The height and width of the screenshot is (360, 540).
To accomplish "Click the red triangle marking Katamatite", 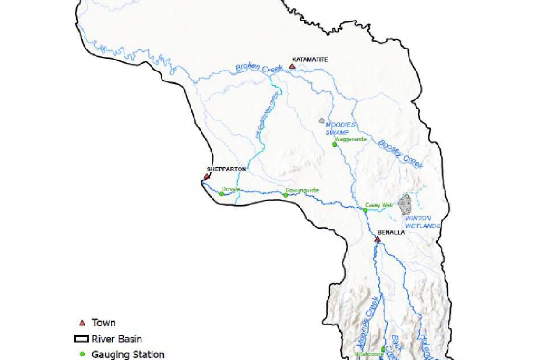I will point(292,67).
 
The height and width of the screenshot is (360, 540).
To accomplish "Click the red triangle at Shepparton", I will point(206,176).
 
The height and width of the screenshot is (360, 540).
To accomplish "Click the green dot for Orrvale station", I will point(222,194).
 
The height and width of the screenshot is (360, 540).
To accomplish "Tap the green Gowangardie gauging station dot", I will point(286,195).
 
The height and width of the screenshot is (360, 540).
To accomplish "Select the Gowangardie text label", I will point(302,191).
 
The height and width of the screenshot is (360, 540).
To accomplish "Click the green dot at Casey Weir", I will point(365,210).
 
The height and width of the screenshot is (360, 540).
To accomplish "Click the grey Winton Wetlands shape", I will point(406,205).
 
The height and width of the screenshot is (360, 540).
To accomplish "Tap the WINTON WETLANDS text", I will point(417,222).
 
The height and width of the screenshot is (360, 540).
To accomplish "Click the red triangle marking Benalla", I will point(378,240).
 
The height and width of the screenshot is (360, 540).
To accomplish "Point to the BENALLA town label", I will point(391,233).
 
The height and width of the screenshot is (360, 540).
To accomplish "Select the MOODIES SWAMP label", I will point(340,128).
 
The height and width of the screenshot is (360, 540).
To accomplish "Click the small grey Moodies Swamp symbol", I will point(322,120).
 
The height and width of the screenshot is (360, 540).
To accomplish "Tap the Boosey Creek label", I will point(400,154).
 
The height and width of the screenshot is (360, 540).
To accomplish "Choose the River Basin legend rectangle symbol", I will point(81,339).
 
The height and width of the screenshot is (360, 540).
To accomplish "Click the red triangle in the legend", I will point(81,323).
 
